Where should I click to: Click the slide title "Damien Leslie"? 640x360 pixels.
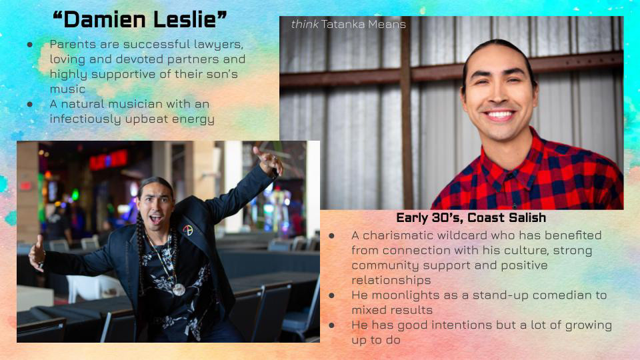[x=139, y=19]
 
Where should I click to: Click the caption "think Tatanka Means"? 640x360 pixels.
[x=349, y=25]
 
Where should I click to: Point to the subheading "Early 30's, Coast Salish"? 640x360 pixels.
[x=471, y=217]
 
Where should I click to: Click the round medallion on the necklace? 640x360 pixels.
[x=179, y=289]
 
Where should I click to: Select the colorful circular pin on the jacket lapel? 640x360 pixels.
[x=188, y=230]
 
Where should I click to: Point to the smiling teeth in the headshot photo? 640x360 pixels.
[x=499, y=115]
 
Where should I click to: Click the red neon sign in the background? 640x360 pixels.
[x=109, y=159]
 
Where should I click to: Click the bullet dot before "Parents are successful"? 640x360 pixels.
[x=30, y=45]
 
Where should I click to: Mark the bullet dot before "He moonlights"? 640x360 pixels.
[x=331, y=295]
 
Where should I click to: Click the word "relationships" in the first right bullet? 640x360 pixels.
[x=391, y=280]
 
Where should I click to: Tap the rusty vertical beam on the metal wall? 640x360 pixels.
[x=407, y=113]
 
